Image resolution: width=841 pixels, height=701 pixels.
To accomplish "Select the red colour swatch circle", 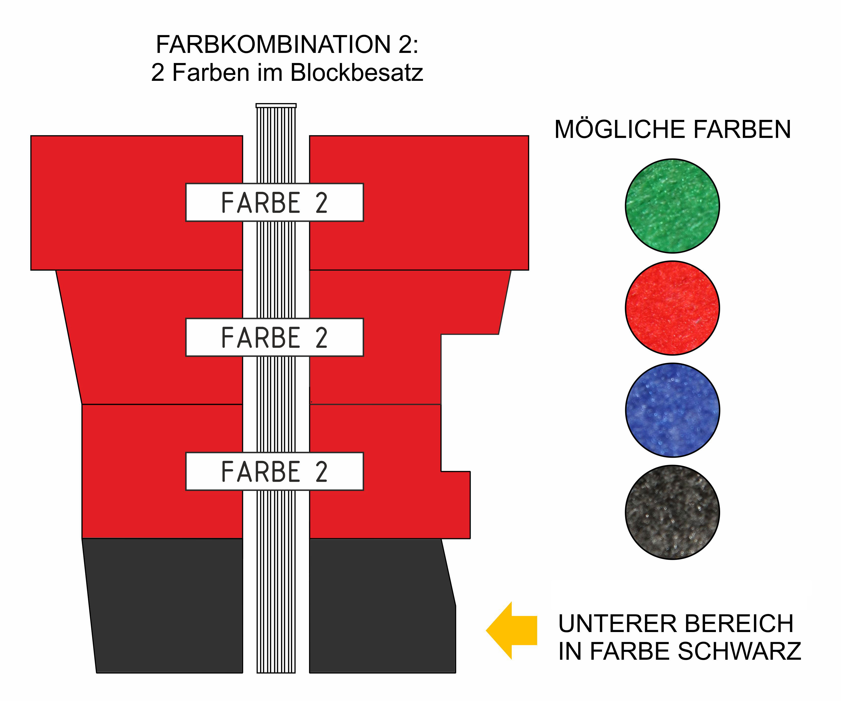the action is (672, 308).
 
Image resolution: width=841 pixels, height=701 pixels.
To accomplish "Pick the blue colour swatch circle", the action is (672, 410).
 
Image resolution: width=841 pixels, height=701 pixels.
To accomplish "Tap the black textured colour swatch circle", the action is (672, 512).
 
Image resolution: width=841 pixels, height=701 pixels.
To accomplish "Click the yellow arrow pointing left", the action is (511, 631).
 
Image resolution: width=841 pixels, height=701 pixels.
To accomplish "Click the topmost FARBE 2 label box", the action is (274, 202).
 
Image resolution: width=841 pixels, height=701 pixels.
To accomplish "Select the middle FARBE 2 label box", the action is (274, 337).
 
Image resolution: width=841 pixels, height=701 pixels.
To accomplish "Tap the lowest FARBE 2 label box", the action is (274, 471).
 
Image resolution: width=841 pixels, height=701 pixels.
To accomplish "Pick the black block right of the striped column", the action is (382, 606).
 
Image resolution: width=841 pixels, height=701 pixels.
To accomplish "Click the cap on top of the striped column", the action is (276, 105).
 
